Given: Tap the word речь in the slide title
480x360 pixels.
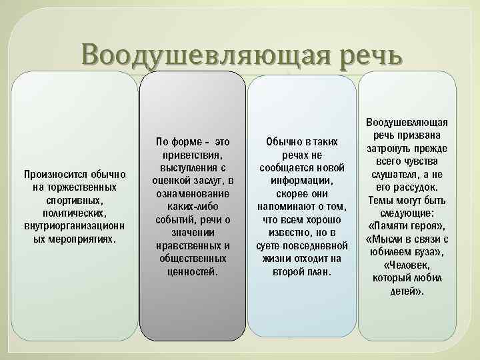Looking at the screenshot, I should [363, 55].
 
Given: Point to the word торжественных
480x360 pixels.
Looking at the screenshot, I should [73, 188].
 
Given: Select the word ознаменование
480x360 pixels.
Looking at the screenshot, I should [191, 193].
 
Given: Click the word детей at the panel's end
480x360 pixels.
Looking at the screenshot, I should [403, 291].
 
